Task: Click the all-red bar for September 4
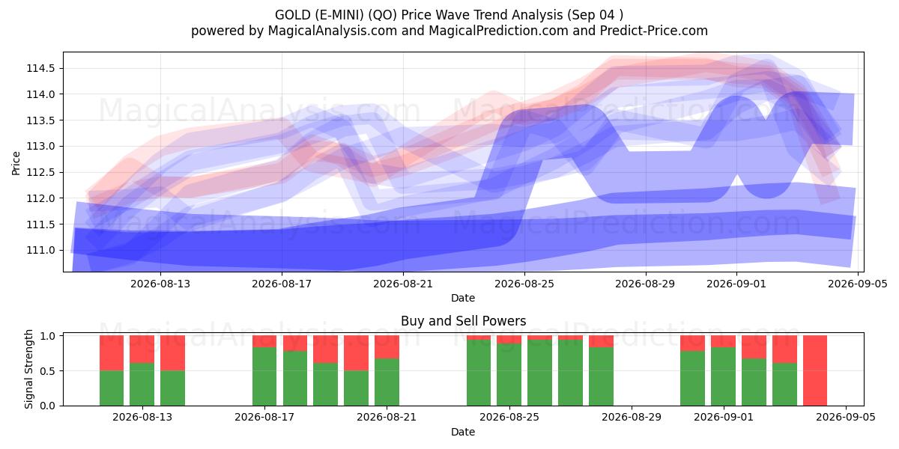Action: point(815,370)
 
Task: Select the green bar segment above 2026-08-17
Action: point(264,376)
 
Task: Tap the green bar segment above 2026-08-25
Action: point(509,374)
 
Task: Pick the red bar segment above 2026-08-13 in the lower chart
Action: point(142,349)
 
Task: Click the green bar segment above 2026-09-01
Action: point(723,376)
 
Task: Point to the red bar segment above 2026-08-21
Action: point(387,346)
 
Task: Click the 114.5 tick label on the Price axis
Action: point(40,69)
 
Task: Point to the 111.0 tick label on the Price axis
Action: point(40,251)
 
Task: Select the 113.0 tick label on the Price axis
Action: point(40,147)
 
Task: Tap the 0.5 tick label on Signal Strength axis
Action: point(48,371)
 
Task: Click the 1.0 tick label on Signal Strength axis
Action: point(48,336)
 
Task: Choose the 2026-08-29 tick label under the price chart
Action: point(645,284)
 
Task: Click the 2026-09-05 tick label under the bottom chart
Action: point(846,418)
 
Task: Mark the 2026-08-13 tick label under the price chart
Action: point(160,284)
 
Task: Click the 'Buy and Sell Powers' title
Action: point(463,321)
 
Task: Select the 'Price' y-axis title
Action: point(16,164)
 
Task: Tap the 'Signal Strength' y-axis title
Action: point(28,369)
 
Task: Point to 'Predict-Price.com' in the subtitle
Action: point(654,31)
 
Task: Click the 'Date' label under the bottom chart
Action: point(463,432)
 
